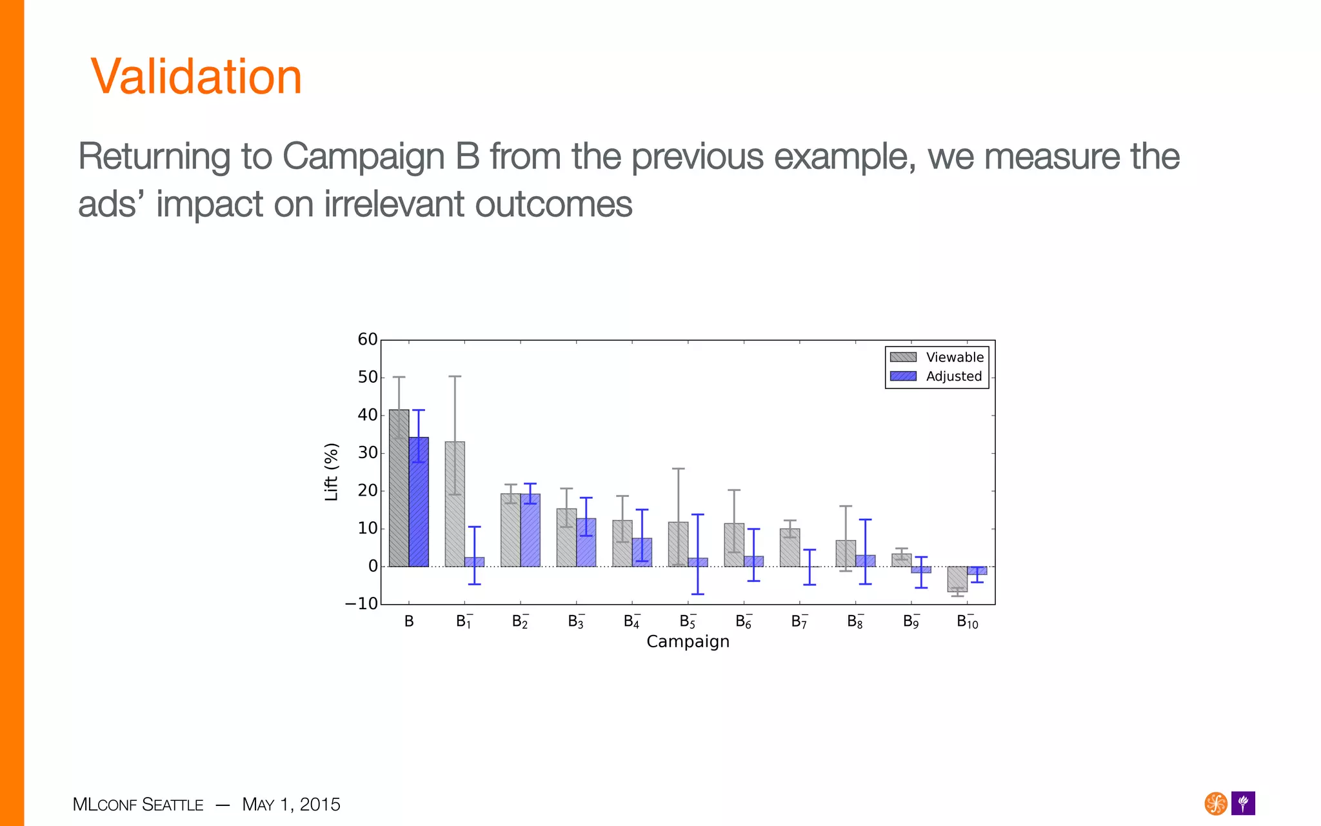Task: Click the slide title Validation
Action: tap(196, 77)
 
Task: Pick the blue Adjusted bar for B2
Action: tap(530, 530)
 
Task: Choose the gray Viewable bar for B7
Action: tap(790, 548)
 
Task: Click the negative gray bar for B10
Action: tap(957, 579)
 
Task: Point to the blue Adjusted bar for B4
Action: tap(642, 552)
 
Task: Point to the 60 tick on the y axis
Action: tap(368, 340)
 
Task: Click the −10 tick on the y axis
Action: tap(362, 604)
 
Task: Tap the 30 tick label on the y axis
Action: tap(368, 453)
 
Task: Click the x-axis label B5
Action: tap(688, 621)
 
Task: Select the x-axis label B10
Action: tap(967, 621)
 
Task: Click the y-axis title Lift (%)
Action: tap(331, 472)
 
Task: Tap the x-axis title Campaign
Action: tap(688, 642)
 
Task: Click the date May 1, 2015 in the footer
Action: tap(291, 805)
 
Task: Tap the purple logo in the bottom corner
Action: tap(1243, 803)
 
